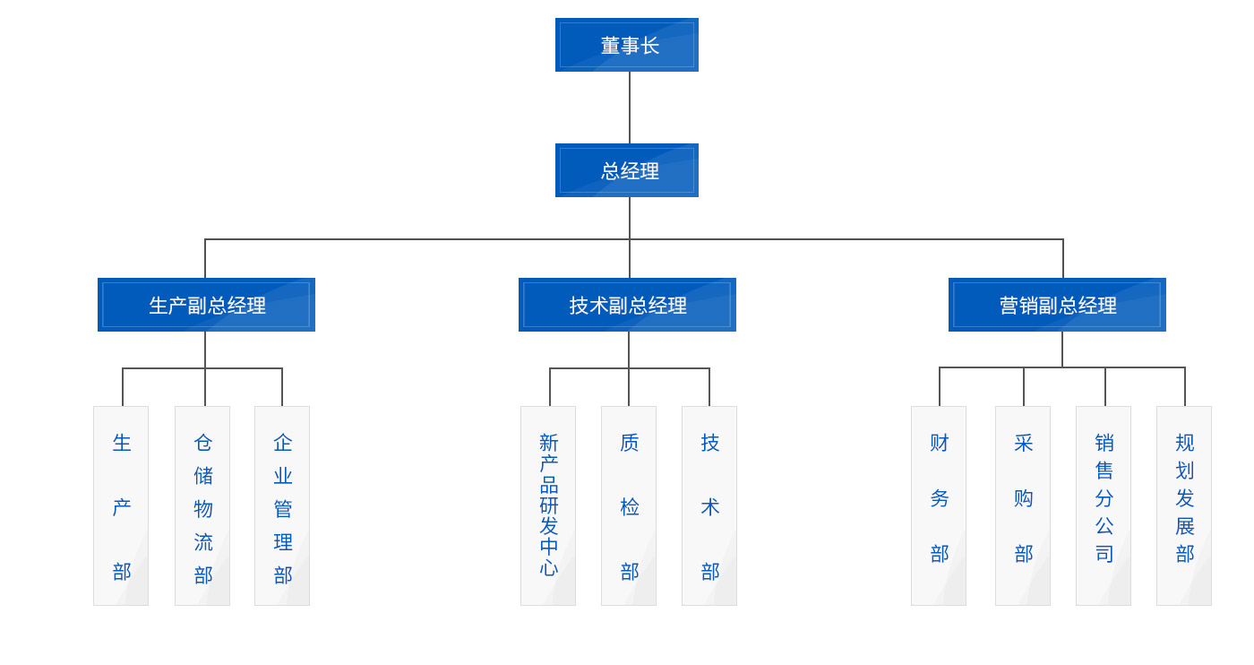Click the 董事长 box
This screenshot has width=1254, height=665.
[627, 45]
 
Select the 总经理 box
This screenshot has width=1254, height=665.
[627, 170]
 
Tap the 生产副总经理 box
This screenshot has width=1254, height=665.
[206, 305]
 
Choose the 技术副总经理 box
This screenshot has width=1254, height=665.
[627, 305]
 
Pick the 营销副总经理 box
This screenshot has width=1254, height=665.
[1057, 305]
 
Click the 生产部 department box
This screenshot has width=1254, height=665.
[121, 505]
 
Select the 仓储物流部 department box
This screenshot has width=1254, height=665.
[202, 505]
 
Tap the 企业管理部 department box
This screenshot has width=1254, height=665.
[282, 505]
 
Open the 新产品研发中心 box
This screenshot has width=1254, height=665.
[548, 505]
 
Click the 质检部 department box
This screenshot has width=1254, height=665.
[629, 505]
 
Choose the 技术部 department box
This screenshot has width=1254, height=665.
[709, 505]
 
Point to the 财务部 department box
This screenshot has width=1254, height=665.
[939, 505]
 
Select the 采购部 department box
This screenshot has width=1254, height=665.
[1023, 505]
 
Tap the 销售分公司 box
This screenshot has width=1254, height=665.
[1104, 505]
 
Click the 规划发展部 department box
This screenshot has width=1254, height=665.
[1184, 505]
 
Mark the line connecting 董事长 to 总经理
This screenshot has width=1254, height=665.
[630, 108]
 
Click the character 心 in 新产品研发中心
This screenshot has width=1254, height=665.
[549, 567]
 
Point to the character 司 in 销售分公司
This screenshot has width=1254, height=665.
[1104, 554]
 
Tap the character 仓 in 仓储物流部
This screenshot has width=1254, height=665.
[203, 443]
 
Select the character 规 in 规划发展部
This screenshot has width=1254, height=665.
[1185, 443]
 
